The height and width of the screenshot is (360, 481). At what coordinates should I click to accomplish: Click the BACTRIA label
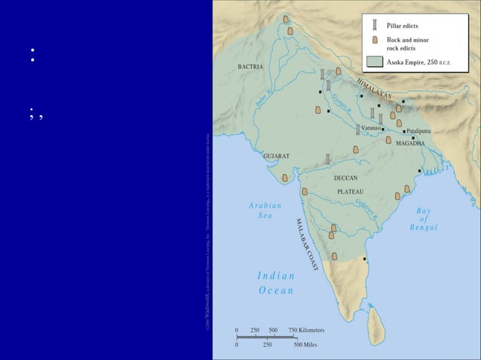point(250,67)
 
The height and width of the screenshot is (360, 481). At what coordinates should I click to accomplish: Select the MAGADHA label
point(410,143)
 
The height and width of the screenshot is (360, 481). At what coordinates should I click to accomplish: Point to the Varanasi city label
point(371,129)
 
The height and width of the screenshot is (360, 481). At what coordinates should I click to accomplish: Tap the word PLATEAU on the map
point(350,191)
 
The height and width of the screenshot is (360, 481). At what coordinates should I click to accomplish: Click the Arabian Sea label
point(265,210)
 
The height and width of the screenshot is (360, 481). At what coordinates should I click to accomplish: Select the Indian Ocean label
point(275,282)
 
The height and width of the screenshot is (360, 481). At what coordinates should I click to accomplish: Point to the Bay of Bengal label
point(424,218)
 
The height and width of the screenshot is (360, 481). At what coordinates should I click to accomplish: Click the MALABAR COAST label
point(307,244)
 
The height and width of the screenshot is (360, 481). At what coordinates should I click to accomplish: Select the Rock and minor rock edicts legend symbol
point(375,43)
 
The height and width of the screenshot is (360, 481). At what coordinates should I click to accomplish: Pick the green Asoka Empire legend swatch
point(375,62)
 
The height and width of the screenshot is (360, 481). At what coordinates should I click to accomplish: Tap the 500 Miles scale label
point(308,345)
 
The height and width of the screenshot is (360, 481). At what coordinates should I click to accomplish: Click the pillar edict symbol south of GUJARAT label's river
point(328,158)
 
